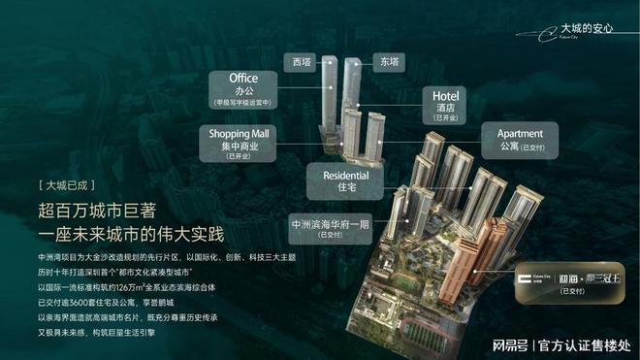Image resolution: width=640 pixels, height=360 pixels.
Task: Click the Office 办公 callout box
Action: [243, 87]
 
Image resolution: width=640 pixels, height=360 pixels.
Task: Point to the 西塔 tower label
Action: [304, 60]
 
